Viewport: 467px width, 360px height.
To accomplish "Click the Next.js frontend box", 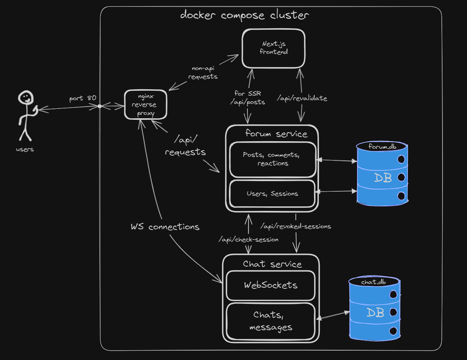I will click(x=273, y=49).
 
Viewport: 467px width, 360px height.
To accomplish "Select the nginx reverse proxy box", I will click(x=146, y=105).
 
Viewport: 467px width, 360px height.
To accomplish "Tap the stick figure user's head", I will click(x=26, y=98).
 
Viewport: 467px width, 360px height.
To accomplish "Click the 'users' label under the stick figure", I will click(x=25, y=149).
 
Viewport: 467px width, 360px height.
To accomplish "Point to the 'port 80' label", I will click(x=82, y=98).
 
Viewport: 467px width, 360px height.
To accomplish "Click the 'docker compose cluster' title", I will click(x=244, y=15).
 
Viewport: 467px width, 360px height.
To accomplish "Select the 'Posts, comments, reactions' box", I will click(x=273, y=159).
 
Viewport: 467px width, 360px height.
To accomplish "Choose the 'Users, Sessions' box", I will click(x=272, y=194).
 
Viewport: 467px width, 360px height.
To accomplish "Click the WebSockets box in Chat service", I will click(x=270, y=285).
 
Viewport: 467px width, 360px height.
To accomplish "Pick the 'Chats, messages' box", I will click(x=270, y=321).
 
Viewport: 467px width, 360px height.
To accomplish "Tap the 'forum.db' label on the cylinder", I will click(x=382, y=147).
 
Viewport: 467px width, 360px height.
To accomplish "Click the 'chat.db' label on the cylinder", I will click(x=373, y=282).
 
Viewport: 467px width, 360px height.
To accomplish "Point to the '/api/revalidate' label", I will click(x=302, y=98).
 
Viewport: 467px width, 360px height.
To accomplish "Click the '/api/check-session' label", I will click(x=249, y=239).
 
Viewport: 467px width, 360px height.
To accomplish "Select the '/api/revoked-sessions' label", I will click(x=296, y=226).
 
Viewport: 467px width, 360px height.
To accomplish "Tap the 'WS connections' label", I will click(x=165, y=227).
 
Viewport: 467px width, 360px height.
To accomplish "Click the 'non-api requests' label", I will click(x=203, y=72).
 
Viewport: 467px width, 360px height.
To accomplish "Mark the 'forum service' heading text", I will click(x=276, y=134).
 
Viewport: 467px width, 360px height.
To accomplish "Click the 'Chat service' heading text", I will click(x=272, y=264).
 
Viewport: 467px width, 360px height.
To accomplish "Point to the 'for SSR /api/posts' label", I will click(x=248, y=98).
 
